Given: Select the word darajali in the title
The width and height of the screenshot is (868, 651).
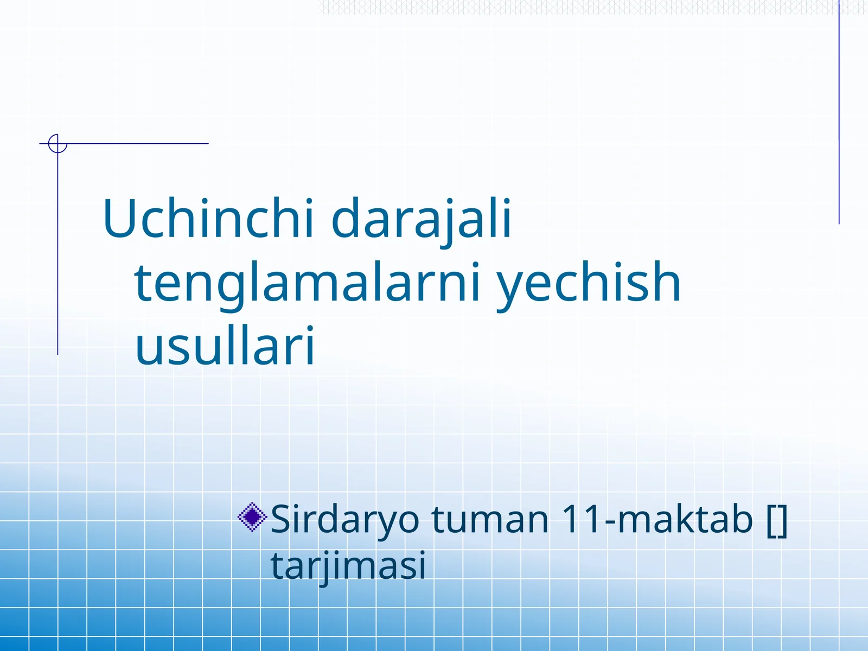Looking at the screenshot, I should click(x=421, y=219).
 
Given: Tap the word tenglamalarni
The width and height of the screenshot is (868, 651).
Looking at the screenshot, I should click(x=308, y=282).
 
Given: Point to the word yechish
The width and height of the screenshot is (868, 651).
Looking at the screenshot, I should click(x=589, y=282).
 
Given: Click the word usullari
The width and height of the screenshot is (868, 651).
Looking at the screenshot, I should click(x=225, y=346).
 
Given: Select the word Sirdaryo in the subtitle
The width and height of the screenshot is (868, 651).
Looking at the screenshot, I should click(x=345, y=520).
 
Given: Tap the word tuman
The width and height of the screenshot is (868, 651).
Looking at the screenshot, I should click(x=490, y=520).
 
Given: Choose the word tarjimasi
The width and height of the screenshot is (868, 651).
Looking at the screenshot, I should click(x=348, y=566).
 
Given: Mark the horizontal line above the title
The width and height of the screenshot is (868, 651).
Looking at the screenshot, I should click(x=136, y=144).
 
